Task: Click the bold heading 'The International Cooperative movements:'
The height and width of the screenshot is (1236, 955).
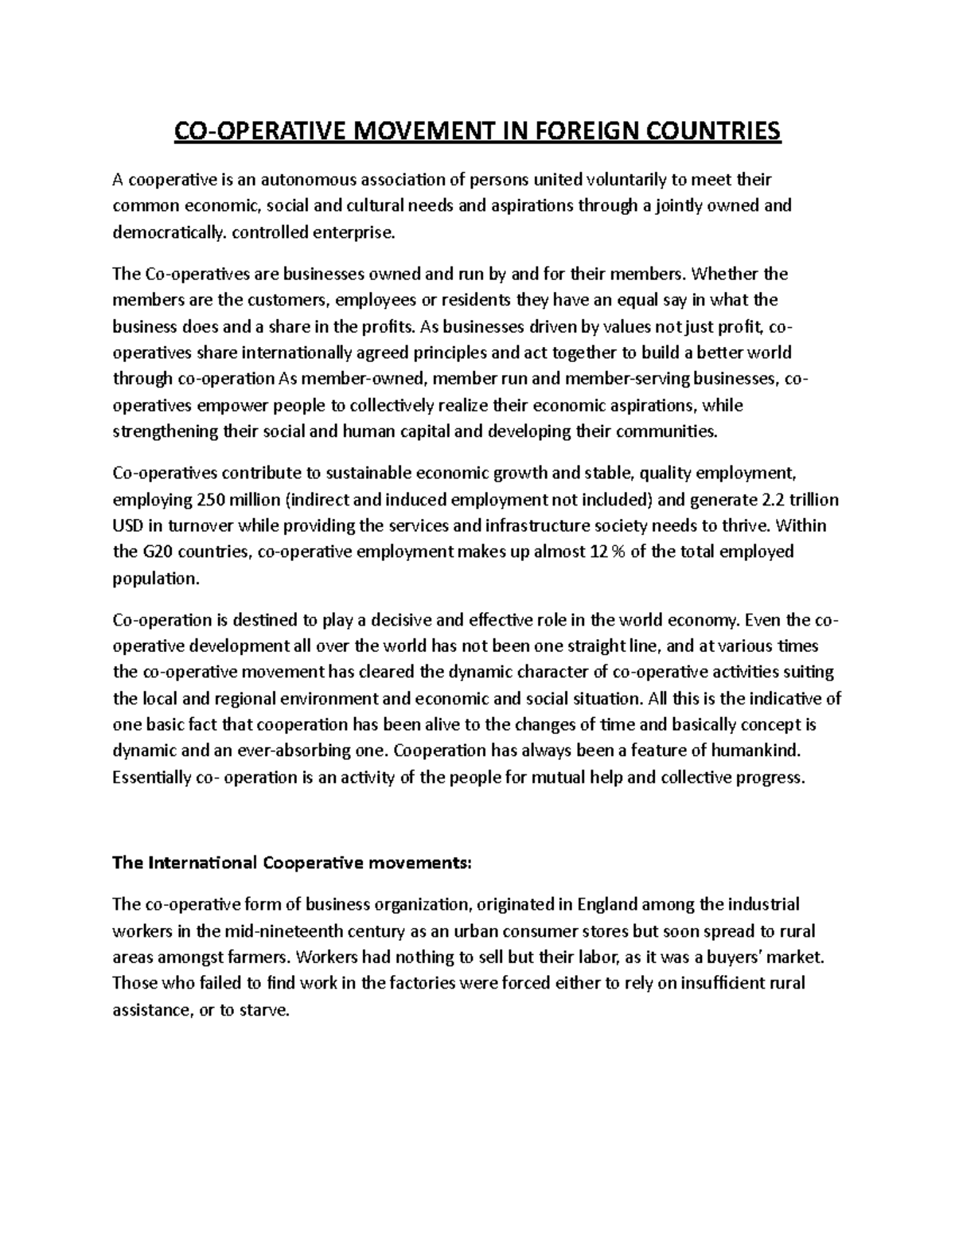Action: (292, 863)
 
